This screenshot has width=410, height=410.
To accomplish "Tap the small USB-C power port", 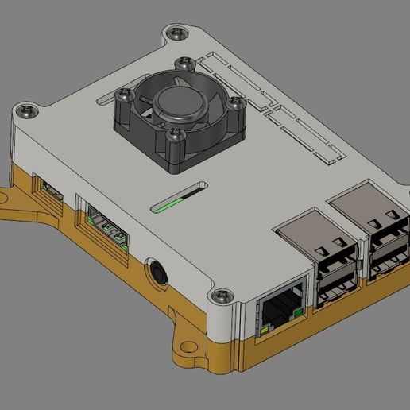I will pos(48,191).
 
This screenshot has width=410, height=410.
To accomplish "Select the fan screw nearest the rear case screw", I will pos(187,64).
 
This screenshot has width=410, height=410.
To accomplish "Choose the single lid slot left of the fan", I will pos(108,99).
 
